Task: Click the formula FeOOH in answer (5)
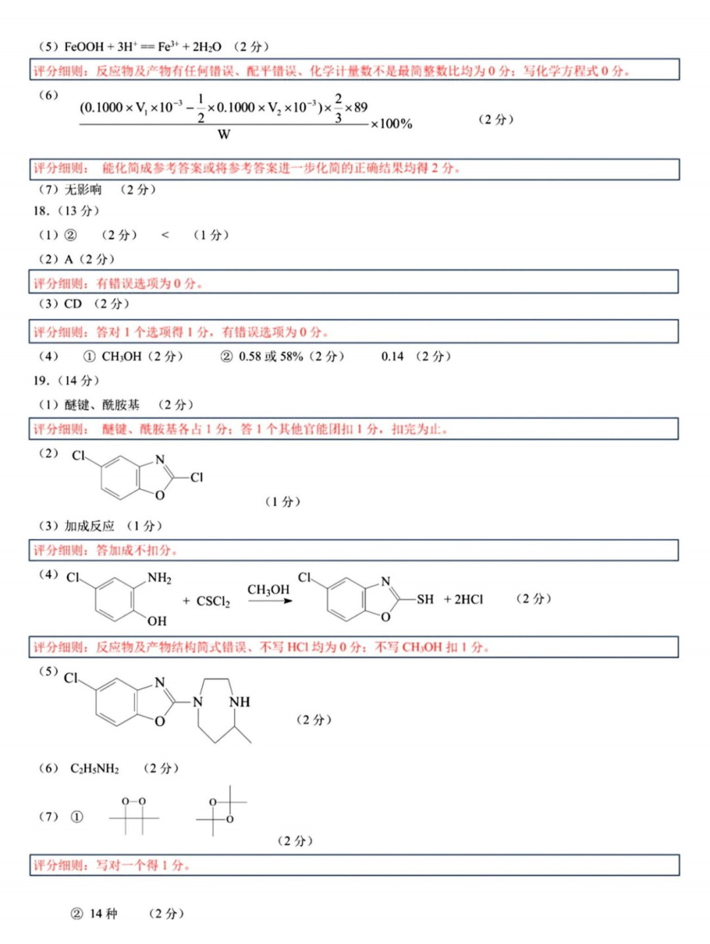(84, 47)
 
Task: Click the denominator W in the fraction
(224, 135)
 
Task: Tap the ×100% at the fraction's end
(392, 124)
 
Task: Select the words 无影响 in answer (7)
(83, 190)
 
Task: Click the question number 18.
(41, 211)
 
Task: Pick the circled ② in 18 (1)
(70, 235)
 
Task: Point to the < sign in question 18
(165, 235)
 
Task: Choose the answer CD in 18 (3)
(73, 304)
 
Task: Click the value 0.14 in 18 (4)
(392, 356)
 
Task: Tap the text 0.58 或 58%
(271, 356)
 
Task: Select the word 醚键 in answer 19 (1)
(77, 405)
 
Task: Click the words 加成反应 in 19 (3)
(89, 526)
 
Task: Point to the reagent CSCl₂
(213, 602)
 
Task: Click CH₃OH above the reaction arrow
(268, 590)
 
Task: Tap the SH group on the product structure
(425, 600)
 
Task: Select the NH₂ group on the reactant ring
(159, 578)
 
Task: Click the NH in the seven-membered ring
(239, 702)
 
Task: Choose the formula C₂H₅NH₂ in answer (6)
(95, 768)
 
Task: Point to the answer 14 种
(103, 914)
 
